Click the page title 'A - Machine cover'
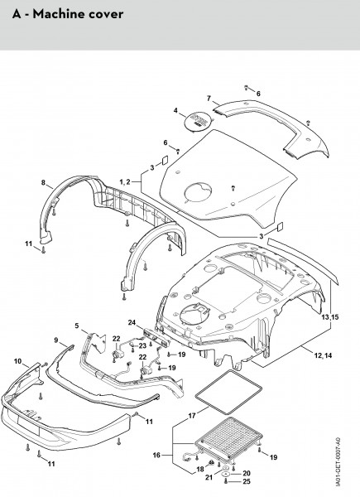pos(68,14)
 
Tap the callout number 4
pos(175,111)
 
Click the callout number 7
pos(209,99)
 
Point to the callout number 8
pos(43,182)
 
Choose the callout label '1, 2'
pos(125,181)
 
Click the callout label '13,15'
pos(330,317)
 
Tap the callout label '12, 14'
pos(323,355)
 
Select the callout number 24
pos(132,323)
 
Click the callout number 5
pos(77,326)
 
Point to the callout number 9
pos(56,340)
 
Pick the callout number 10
pos(17,361)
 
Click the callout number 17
pos(192,416)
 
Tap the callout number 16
pos(156,455)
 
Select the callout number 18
pos(200,469)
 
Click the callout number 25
pos(247,481)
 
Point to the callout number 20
pos(247,474)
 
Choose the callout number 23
pos(142,345)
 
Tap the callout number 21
pos(209,477)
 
